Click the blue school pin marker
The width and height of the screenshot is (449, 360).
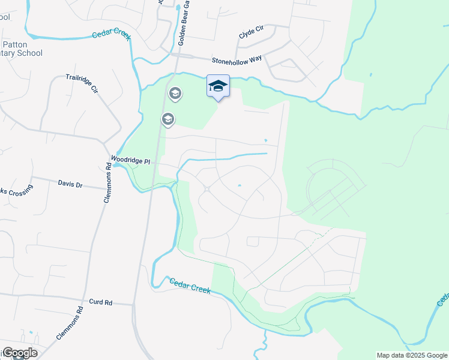(x=218, y=86)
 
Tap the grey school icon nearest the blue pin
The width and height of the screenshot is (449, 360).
(x=175, y=93)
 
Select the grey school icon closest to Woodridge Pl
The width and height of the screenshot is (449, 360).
(x=168, y=120)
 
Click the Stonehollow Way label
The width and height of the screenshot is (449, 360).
(x=237, y=61)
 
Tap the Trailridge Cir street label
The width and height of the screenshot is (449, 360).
(x=82, y=83)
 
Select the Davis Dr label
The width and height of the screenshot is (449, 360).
(x=71, y=183)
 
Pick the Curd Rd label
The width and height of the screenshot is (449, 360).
(x=100, y=302)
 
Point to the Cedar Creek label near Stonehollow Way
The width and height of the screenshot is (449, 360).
(x=112, y=34)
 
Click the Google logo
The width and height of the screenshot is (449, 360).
(x=19, y=353)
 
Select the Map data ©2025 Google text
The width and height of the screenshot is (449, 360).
(x=412, y=355)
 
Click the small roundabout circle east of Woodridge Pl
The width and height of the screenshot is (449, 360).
(x=206, y=189)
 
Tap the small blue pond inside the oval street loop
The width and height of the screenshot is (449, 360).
(x=239, y=185)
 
